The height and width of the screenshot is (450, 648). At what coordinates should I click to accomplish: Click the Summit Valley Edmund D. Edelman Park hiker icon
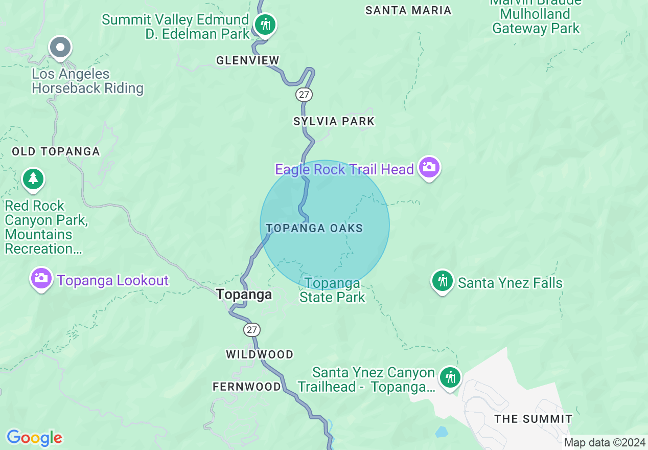[x=265, y=24]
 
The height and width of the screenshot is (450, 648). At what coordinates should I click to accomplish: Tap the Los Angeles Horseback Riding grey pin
[x=60, y=48]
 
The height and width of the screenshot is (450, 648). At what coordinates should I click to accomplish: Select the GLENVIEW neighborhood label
[x=248, y=61]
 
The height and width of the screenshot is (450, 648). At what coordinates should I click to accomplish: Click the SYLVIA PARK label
[x=334, y=121]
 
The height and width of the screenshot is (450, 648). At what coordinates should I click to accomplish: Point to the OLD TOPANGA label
[x=56, y=151]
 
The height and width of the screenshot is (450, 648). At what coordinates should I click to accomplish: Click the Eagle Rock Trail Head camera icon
[x=429, y=167]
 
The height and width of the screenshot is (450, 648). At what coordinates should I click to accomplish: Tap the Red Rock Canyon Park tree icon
[x=33, y=178]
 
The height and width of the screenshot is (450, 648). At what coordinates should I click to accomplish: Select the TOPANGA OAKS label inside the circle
[x=314, y=228]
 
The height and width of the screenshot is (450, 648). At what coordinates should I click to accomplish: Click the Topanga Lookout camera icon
[x=41, y=278]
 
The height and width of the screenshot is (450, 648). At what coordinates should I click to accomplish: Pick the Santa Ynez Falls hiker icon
[x=442, y=281]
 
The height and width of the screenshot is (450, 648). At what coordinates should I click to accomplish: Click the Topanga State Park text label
[x=333, y=290]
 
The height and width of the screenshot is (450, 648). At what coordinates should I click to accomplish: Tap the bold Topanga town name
[x=244, y=294]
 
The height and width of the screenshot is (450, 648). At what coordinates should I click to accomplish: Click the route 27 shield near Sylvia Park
[x=304, y=94]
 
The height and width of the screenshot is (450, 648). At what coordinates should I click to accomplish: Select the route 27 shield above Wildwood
[x=252, y=330]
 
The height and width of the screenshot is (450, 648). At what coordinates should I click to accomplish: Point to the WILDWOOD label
[x=260, y=354]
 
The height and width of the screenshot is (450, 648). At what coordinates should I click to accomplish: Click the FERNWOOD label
[x=247, y=387]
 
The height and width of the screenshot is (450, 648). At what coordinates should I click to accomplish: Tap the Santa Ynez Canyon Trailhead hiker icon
[x=450, y=377]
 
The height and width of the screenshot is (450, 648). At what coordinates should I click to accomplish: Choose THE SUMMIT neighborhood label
[x=534, y=419]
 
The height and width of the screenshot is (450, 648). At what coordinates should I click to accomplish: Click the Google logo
[x=34, y=438]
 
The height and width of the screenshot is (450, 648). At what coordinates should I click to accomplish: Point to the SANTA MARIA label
[x=408, y=10]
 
